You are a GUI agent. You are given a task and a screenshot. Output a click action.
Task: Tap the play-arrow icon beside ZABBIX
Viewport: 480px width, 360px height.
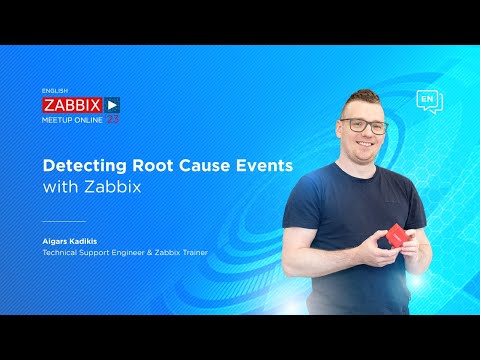(112, 103)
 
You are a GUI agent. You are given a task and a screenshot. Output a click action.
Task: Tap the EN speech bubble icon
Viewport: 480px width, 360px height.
(428, 101)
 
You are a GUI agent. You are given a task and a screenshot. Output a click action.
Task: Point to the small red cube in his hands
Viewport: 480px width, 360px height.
(396, 234)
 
